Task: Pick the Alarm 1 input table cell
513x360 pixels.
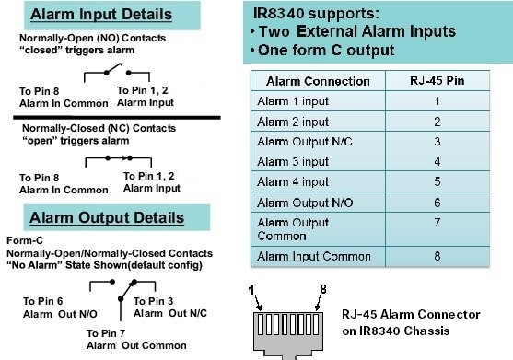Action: [x=290, y=99]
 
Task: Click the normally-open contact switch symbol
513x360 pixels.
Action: [x=107, y=75]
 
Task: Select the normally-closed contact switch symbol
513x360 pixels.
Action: [x=108, y=158]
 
